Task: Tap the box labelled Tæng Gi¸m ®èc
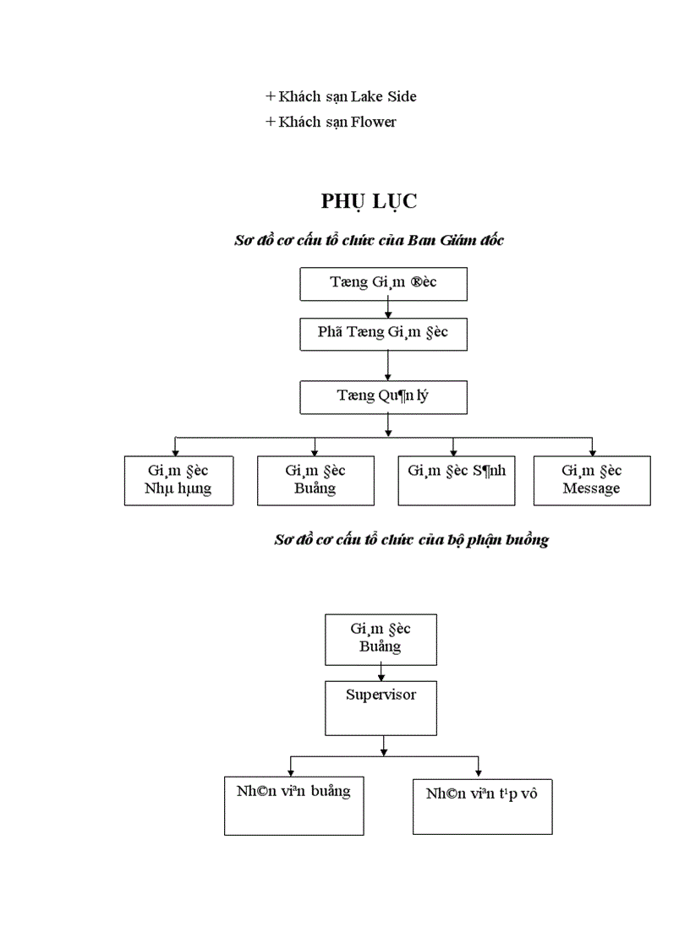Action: pyautogui.click(x=383, y=284)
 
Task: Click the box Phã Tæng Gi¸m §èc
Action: pyautogui.click(x=383, y=333)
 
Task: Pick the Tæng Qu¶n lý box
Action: pyautogui.click(x=383, y=396)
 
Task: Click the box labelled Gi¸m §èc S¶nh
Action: pyautogui.click(x=456, y=480)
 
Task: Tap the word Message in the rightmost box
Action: pyautogui.click(x=591, y=489)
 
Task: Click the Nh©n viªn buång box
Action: pyautogui.click(x=293, y=804)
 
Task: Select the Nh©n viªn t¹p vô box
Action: pyautogui.click(x=481, y=804)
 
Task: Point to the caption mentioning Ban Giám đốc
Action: pyautogui.click(x=369, y=241)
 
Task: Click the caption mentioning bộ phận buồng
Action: pyautogui.click(x=411, y=540)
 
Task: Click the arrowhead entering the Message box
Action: pyautogui.click(x=592, y=452)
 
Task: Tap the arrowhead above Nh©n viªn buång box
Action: pyautogui.click(x=290, y=772)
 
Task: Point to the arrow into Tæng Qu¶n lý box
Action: pyautogui.click(x=388, y=377)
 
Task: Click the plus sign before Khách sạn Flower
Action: pyautogui.click(x=271, y=122)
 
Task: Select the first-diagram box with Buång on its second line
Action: pyautogui.click(x=315, y=480)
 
